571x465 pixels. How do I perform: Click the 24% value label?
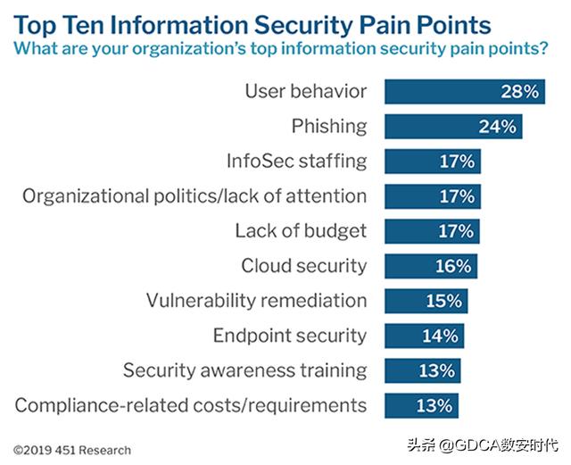[497, 126]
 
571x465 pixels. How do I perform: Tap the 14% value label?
[441, 336]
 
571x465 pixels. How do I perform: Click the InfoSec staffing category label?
[295, 162]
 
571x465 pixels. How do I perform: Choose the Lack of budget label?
[301, 231]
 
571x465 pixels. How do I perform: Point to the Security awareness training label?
[244, 370]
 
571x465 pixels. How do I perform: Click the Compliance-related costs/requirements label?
[191, 405]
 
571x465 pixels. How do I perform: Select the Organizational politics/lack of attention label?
[194, 196]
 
